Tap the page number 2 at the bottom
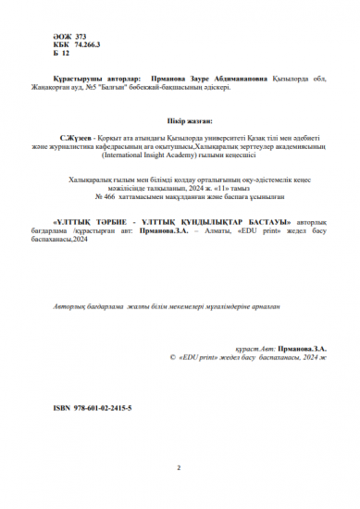pyautogui.click(x=180, y=469)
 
